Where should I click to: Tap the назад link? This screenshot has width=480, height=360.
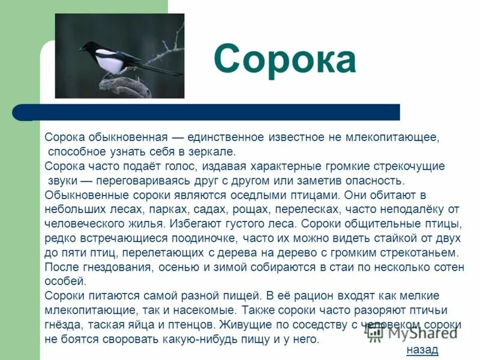point(422,349)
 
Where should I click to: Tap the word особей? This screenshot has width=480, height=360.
point(66,281)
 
